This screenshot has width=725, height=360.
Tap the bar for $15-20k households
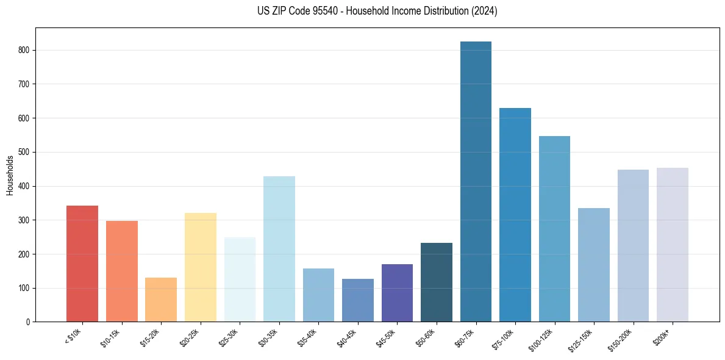[161, 300]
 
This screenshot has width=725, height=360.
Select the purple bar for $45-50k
[397, 293]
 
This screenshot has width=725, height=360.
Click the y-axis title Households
[10, 175]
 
